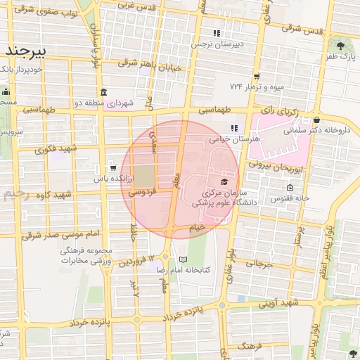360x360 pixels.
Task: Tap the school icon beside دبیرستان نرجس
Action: (217, 33)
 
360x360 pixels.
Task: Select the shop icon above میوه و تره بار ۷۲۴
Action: (257, 76)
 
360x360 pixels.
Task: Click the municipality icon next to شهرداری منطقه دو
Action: (104, 92)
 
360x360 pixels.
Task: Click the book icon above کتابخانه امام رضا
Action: (184, 259)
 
